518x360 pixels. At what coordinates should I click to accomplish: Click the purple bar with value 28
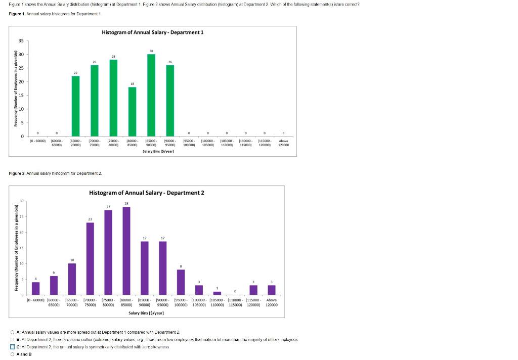click(126, 250)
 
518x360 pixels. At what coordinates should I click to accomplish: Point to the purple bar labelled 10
click(72, 279)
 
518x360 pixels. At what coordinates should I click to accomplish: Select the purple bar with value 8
click(181, 282)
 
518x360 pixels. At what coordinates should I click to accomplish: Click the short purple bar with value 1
click(217, 293)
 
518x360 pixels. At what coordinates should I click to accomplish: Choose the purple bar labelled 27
click(108, 252)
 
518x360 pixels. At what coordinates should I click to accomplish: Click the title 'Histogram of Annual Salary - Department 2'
click(147, 193)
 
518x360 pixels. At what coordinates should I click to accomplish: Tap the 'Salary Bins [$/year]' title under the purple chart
click(146, 313)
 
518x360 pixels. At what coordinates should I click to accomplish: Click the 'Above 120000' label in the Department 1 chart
click(283, 143)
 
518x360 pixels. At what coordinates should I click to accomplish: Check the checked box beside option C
click(13, 347)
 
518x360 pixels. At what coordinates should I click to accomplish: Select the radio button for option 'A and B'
click(13, 354)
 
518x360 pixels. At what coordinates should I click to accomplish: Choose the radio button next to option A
click(13, 332)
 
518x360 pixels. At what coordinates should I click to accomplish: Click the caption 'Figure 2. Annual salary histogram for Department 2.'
click(56, 173)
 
